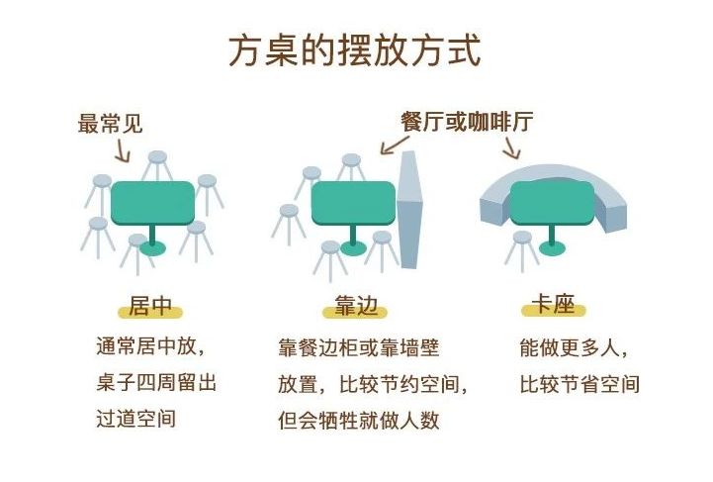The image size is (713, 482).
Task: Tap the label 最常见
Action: coord(111,124)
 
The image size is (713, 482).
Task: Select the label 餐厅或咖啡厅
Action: coord(467,122)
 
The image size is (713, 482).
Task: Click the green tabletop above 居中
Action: coord(152,203)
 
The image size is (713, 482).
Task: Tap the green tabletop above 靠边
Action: coord(353,203)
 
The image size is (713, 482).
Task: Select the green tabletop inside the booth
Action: coord(551,203)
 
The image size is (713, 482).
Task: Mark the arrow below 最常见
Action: coord(122,151)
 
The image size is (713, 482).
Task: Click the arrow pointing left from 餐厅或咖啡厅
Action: coord(391,145)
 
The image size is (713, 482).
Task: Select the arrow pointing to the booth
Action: coord(511,147)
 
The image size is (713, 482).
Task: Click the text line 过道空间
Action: coord(135,418)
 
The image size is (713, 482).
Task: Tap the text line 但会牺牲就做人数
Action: coord(357,419)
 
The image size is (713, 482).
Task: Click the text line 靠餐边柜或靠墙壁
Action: coord(357,349)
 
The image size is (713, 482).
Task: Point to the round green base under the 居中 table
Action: coord(152,247)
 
